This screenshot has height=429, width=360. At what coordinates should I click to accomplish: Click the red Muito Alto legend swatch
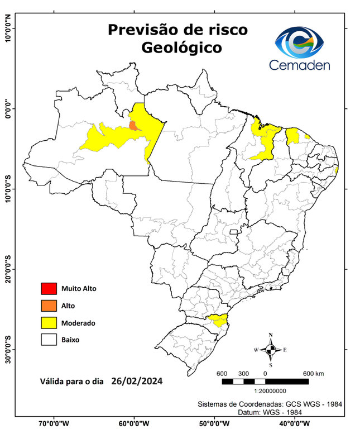tap(49, 289)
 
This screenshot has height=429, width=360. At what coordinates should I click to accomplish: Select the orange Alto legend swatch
tap(49, 306)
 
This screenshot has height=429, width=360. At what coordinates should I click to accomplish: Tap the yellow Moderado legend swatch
tap(49, 322)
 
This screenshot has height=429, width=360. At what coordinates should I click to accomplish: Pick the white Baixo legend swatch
tap(49, 339)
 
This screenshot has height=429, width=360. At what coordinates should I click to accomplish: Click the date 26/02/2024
tap(137, 382)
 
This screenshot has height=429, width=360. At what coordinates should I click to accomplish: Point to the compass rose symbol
tap(271, 350)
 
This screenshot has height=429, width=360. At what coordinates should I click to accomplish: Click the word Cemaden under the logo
tap(300, 65)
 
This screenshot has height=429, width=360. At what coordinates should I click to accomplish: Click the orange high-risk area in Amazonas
tap(133, 125)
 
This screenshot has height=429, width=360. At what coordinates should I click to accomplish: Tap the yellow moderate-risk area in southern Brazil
tap(217, 320)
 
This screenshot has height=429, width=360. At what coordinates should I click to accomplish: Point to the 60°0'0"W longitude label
tap(133, 423)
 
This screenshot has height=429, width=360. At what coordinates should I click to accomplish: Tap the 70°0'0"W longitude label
tap(54, 423)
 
